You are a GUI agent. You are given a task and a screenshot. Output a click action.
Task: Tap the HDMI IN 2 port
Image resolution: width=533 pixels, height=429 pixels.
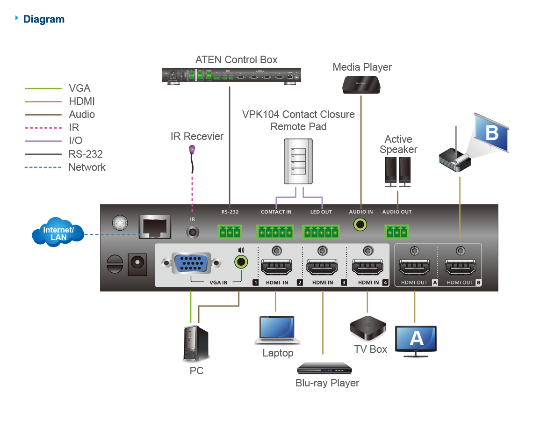point(322,269)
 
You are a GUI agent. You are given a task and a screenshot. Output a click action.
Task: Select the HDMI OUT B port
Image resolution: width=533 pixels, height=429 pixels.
point(460,269)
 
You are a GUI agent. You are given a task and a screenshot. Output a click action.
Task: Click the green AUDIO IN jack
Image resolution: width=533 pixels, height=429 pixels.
point(360,225)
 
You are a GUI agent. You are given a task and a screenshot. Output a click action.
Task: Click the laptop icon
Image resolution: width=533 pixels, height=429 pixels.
point(277,330)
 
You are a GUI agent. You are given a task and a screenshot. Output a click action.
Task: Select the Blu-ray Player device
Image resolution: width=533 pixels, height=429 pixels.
point(324,368)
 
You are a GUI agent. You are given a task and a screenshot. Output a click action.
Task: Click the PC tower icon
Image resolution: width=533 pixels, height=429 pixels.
point(195,344)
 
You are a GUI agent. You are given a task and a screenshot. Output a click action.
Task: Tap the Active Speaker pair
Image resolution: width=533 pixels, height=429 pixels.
point(398,172)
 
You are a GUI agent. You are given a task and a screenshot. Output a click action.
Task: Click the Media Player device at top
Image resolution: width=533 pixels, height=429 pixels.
point(361,85)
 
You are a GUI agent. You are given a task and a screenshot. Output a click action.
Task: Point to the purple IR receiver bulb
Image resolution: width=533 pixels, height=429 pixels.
point(192,150)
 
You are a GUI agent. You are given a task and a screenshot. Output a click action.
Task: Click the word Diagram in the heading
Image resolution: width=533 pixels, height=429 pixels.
point(44,19)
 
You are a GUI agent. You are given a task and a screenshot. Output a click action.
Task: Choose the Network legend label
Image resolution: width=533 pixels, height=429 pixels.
point(87,167)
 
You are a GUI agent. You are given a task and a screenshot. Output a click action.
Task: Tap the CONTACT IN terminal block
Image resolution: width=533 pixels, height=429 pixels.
point(276,231)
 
